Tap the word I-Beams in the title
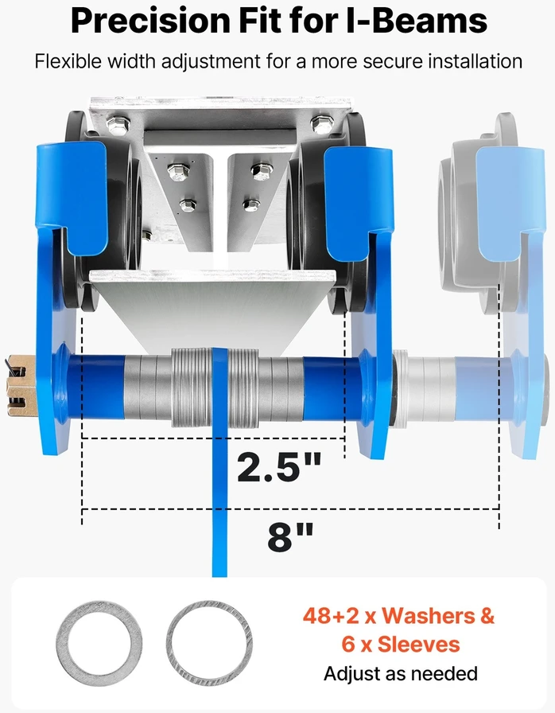coord(417,20)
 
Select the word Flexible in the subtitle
coord(68,61)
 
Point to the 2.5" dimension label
coord(279,467)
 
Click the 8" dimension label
coord(290,536)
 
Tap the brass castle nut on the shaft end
coord(21,386)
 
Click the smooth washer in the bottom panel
coord(99,643)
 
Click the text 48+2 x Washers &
coord(398,616)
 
